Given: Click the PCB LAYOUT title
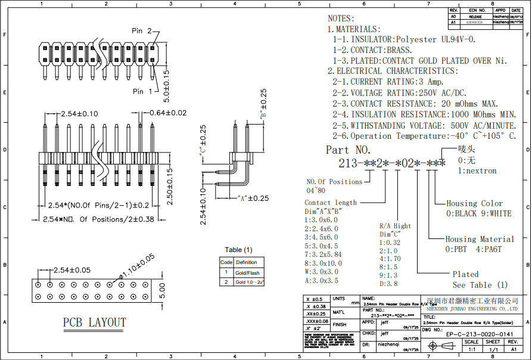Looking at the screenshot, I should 95,322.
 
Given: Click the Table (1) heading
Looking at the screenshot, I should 238,250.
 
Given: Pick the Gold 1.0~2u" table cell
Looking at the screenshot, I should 249,281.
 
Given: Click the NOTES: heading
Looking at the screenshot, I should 341,18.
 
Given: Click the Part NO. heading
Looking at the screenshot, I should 349,150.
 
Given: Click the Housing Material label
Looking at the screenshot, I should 477,239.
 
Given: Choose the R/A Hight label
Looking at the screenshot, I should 395,226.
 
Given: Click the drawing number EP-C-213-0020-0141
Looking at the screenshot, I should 480,335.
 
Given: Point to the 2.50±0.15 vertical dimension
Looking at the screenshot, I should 170,187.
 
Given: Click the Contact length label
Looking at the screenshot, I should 331,203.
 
